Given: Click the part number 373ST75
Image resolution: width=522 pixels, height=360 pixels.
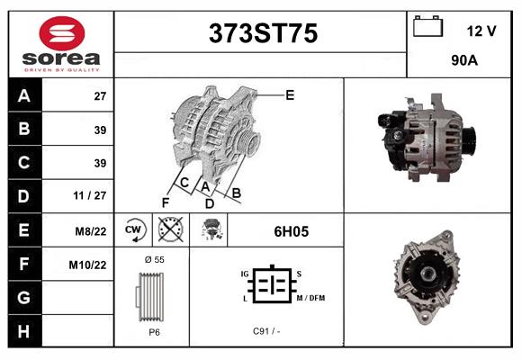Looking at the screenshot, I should pyautogui.click(x=263, y=34).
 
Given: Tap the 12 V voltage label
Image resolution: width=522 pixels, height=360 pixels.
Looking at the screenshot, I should pyautogui.click(x=481, y=31).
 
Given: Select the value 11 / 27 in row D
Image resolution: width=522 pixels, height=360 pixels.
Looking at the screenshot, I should pyautogui.click(x=94, y=195).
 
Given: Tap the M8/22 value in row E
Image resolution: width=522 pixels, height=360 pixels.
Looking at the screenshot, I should pyautogui.click(x=92, y=231).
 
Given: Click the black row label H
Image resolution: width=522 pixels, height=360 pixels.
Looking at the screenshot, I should pyautogui.click(x=23, y=331).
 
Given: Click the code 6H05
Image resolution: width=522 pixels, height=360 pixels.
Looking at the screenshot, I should pyautogui.click(x=291, y=231).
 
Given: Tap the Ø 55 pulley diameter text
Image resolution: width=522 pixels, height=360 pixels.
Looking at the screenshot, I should pyautogui.click(x=154, y=259).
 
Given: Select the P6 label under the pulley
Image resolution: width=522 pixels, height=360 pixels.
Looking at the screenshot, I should pyautogui.click(x=154, y=332).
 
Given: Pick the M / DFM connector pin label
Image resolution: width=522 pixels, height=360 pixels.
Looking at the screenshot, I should pyautogui.click(x=310, y=298).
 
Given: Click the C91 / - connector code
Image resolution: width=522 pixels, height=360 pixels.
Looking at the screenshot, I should pyautogui.click(x=266, y=331).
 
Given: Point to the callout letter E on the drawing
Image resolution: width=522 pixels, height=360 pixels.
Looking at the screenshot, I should pyautogui.click(x=290, y=94).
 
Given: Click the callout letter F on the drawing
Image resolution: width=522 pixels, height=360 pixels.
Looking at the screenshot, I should pyautogui.click(x=165, y=201).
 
